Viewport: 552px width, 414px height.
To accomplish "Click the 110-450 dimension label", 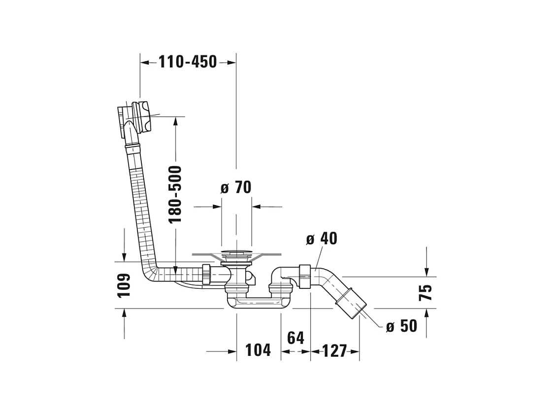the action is [x=188, y=62].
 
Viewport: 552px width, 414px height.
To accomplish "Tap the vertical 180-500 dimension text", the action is [x=175, y=194].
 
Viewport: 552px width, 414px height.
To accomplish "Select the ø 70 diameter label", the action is [x=236, y=187].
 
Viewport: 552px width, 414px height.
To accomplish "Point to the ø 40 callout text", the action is [x=322, y=239].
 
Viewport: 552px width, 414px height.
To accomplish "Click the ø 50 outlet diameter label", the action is [x=401, y=326].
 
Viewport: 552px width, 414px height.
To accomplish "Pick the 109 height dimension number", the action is [x=124, y=285].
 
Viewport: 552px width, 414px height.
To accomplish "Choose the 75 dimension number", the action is [x=425, y=292].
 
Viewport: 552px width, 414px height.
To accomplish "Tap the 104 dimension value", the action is [x=258, y=350].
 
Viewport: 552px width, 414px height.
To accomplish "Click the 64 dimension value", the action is [x=296, y=338].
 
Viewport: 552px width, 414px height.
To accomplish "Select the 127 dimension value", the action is [x=334, y=351].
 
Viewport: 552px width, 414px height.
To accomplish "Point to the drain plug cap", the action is [x=236, y=252].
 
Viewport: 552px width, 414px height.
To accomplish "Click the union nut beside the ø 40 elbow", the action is [x=304, y=276].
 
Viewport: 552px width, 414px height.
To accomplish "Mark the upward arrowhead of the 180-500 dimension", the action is [x=175, y=122].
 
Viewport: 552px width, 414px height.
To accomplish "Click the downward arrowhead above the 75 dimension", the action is [x=426, y=272].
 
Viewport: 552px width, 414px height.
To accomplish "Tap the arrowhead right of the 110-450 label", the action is [x=231, y=63].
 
